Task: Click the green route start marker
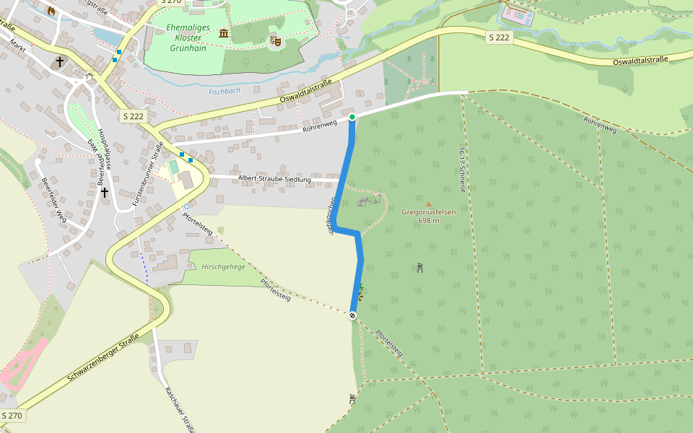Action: click(x=352, y=117)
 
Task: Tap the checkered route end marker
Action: click(x=352, y=315)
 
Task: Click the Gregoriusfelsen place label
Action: click(x=428, y=216)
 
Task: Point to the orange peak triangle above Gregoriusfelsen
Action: click(x=428, y=204)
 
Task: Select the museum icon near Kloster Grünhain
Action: click(x=224, y=33)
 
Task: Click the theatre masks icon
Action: click(x=275, y=41)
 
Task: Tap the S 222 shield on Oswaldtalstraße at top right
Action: click(x=499, y=38)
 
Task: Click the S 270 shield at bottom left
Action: click(x=12, y=416)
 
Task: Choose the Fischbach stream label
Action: click(x=224, y=92)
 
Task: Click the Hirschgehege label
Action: click(x=223, y=266)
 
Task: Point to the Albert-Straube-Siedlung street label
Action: click(x=274, y=178)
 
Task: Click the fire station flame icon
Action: click(x=51, y=10)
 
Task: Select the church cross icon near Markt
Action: click(x=60, y=63)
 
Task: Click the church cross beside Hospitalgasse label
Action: click(x=105, y=193)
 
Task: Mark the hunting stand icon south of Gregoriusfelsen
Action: click(x=419, y=268)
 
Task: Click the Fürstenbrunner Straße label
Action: click(x=147, y=176)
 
